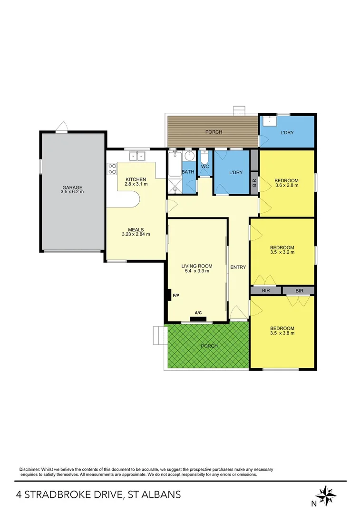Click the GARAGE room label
pyautogui.click(x=72, y=187)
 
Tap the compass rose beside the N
pyautogui.click(x=326, y=495)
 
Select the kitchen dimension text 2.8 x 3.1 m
pyautogui.click(x=135, y=184)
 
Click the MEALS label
pyautogui.click(x=136, y=229)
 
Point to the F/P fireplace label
pyautogui.click(x=175, y=296)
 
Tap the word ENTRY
pyautogui.click(x=238, y=267)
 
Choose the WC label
pyautogui.click(x=205, y=167)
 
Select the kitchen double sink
pyautogui.click(x=137, y=156)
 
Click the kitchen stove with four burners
pyautogui.click(x=113, y=168)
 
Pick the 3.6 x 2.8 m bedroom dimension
pyautogui.click(x=286, y=186)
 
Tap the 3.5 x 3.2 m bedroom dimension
pyautogui.click(x=282, y=253)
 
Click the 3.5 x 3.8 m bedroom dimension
pyautogui.click(x=282, y=334)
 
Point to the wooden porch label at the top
pyautogui.click(x=214, y=132)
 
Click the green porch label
pyautogui.click(x=209, y=346)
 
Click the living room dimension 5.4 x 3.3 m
pyautogui.click(x=196, y=271)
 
